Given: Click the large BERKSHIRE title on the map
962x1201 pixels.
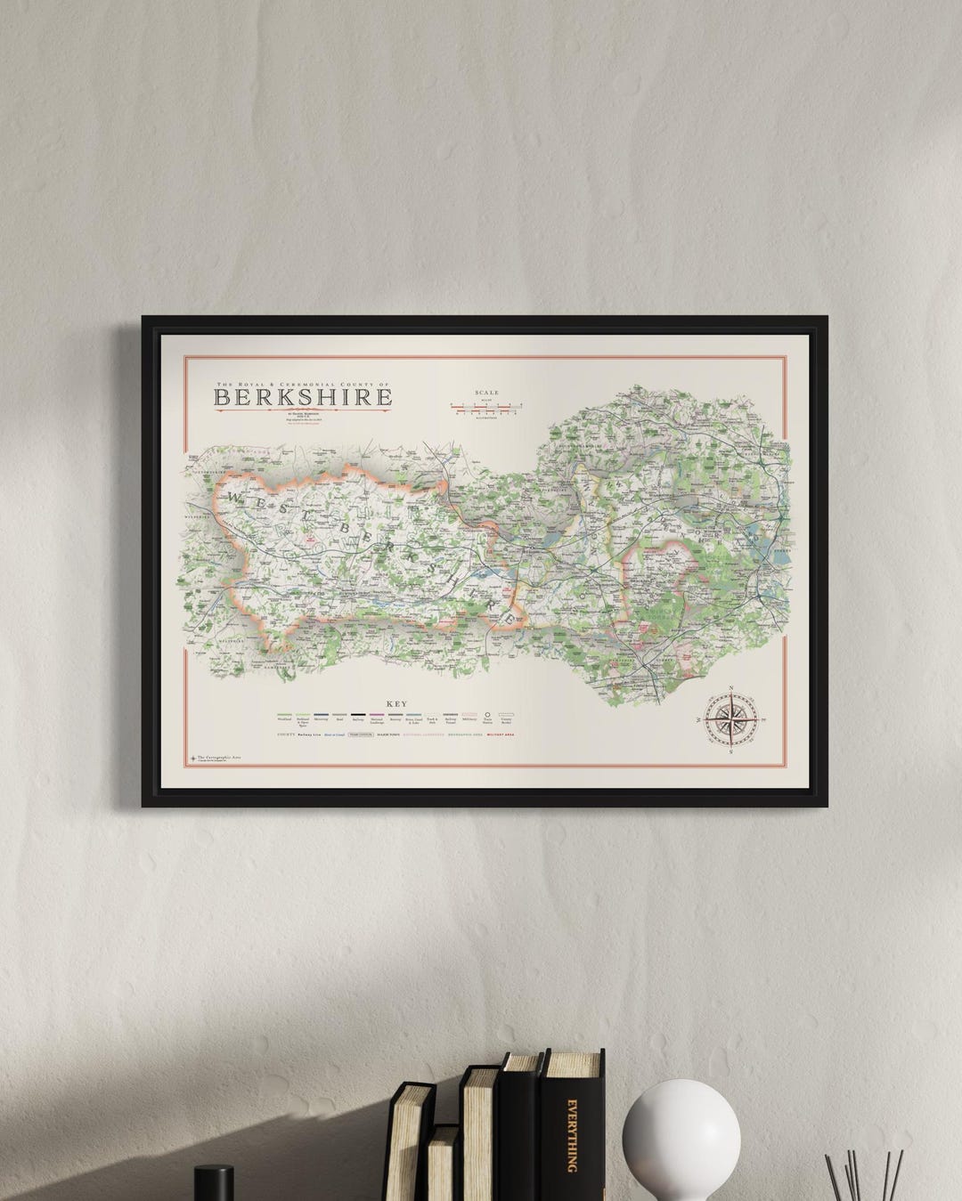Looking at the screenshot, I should tap(303, 396).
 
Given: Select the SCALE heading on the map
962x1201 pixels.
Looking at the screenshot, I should tap(487, 392).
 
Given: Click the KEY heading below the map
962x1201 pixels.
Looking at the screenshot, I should tap(395, 702).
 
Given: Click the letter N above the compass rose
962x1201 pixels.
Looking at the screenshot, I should tap(731, 686).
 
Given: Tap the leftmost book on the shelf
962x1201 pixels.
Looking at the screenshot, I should tap(414, 1140).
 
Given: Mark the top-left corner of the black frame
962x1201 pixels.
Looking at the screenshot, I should tap(143, 313).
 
